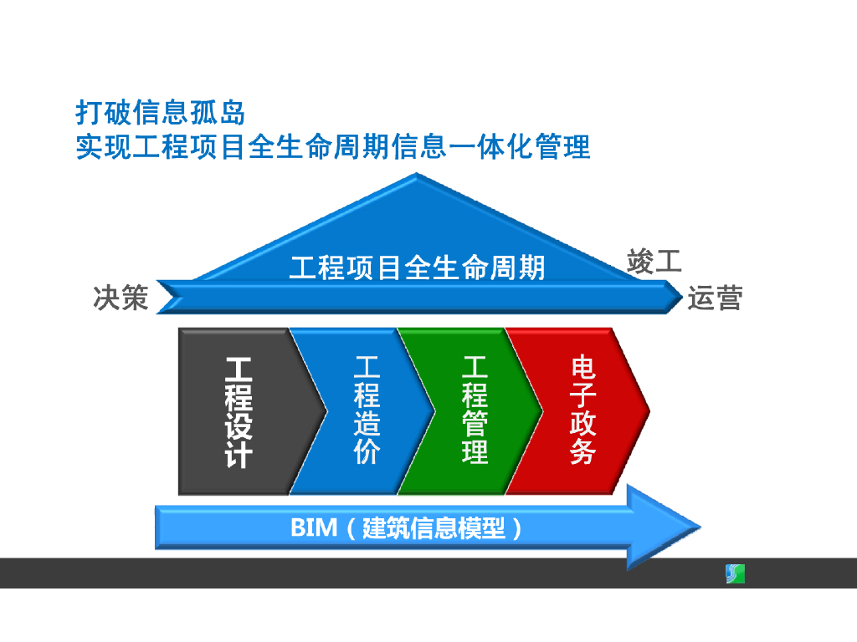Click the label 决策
pos(121,298)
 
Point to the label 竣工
pos(654,261)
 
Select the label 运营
pos(715,298)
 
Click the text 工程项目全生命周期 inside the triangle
pos(417,267)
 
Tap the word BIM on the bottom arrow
pos(313,528)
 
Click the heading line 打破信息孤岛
pos(161,112)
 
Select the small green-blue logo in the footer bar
pos(734,573)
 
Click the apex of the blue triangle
pos(417,176)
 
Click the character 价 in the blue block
pos(367,451)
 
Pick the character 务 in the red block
pos(583,451)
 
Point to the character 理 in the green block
pos(475,451)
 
